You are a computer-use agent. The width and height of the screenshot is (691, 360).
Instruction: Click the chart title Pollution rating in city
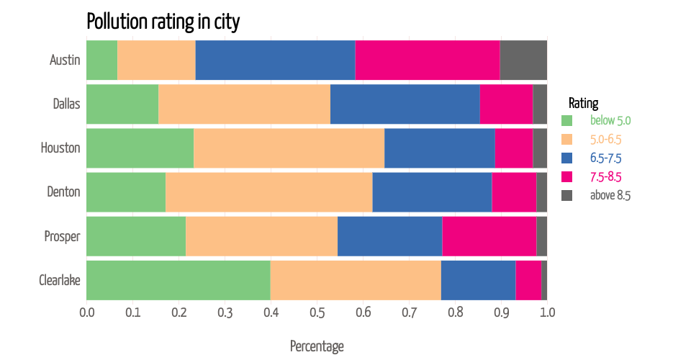click(x=163, y=22)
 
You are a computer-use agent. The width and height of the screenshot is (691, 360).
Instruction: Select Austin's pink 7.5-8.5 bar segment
click(x=427, y=60)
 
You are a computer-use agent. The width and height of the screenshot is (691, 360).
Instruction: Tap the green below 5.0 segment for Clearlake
click(x=178, y=280)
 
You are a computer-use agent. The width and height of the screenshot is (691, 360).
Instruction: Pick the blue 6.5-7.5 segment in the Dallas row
click(x=405, y=104)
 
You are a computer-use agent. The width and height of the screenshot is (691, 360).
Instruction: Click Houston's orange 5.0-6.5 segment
click(x=289, y=148)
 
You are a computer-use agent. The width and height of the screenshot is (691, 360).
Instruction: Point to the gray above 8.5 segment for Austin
click(x=523, y=60)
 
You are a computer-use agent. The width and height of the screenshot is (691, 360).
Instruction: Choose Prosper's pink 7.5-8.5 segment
click(x=489, y=236)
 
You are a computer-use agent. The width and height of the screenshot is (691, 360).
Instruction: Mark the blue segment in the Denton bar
click(x=432, y=192)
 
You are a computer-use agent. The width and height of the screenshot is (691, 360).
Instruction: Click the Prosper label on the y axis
click(x=62, y=236)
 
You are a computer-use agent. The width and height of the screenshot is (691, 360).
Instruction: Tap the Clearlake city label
click(x=59, y=280)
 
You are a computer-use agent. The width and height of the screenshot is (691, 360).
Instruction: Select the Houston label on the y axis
click(x=60, y=148)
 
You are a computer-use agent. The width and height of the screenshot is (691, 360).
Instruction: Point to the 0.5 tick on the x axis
click(x=317, y=313)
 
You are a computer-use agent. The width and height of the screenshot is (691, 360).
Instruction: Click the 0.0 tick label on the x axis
click(x=86, y=313)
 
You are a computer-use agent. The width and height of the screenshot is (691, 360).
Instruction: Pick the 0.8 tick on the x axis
click(x=455, y=313)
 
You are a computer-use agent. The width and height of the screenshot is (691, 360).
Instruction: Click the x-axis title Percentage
click(x=317, y=346)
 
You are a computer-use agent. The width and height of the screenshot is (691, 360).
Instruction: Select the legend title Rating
click(x=583, y=103)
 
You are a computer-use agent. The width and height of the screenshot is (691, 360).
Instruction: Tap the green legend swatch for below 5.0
click(x=566, y=120)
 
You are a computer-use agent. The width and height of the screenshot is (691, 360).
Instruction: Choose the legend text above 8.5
click(x=610, y=195)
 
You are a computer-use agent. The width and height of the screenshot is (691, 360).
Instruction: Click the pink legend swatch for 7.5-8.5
click(x=566, y=176)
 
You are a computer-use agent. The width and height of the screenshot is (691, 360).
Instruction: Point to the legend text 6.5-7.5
click(x=605, y=158)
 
